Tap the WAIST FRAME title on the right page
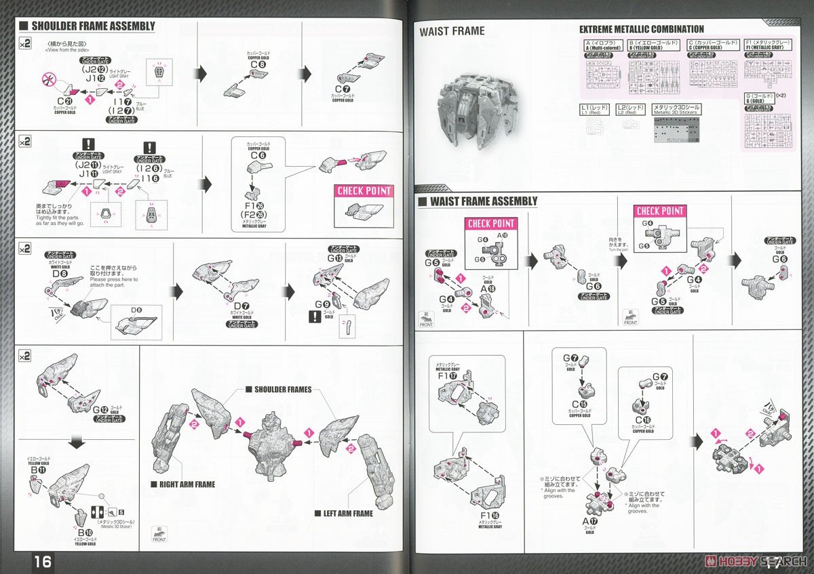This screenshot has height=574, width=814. click(x=452, y=30)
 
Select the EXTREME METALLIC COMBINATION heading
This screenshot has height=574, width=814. click(x=641, y=29)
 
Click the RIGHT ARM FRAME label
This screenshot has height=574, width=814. click(x=182, y=485)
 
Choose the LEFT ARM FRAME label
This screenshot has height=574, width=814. click(x=343, y=513)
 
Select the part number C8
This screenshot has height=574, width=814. click(x=258, y=66)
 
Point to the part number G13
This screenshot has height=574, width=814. click(x=335, y=258)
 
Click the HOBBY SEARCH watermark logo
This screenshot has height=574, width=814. click(x=756, y=562)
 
